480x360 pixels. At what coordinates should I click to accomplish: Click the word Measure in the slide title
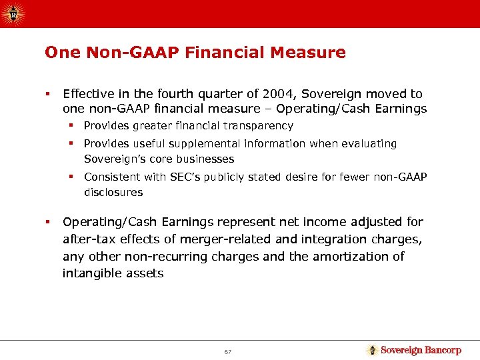(x=313, y=52)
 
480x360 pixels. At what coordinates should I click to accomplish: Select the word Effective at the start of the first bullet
(x=87, y=94)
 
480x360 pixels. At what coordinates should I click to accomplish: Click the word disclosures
(x=113, y=192)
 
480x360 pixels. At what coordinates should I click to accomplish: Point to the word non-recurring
(x=170, y=256)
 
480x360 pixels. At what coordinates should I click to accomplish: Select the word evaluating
(x=371, y=143)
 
